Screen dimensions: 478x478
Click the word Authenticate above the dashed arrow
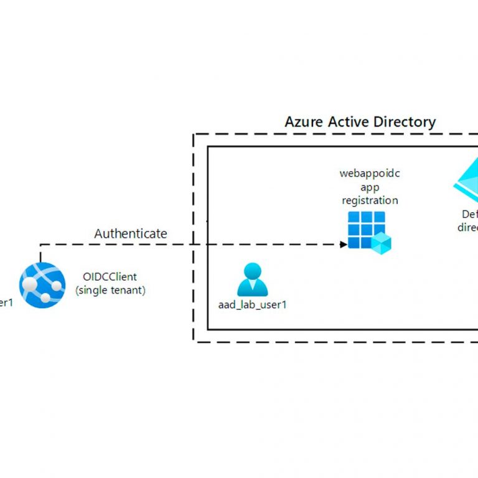[x=131, y=234]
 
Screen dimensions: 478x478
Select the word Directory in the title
[x=406, y=122]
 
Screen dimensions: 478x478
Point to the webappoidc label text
[x=369, y=174]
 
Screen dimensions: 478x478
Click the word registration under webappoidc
[x=370, y=200]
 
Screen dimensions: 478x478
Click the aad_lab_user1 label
[x=252, y=305]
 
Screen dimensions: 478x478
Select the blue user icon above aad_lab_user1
[x=252, y=279]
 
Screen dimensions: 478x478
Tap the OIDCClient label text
[x=110, y=277]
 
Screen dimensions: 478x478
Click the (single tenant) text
[x=110, y=290]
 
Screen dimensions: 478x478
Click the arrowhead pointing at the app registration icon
[x=344, y=245]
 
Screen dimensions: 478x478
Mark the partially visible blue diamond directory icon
[x=467, y=180]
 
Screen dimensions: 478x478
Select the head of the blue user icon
[x=252, y=272]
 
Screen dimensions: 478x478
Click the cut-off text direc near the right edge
[x=467, y=227]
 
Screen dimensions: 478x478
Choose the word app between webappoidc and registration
[x=370, y=187]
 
